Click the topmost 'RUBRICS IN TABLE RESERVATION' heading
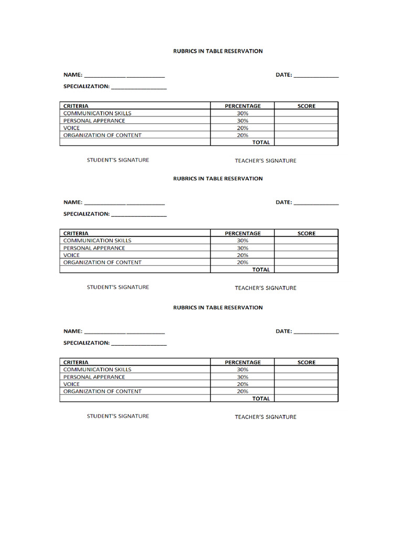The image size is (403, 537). (x=218, y=51)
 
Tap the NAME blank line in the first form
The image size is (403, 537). (x=124, y=77)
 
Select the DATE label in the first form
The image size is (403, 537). (x=283, y=75)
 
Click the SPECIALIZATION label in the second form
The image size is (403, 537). (x=86, y=214)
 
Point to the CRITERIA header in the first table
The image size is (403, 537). (x=76, y=106)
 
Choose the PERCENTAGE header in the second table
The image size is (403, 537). (x=242, y=233)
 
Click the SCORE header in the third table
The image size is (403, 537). (x=306, y=362)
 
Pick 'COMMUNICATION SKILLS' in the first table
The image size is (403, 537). (x=97, y=113)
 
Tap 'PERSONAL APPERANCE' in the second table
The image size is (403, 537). (x=94, y=248)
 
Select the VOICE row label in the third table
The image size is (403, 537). (x=71, y=384)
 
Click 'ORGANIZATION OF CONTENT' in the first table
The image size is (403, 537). (x=102, y=135)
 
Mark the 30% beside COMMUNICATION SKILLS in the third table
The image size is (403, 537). (x=242, y=370)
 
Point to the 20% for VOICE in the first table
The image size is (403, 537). (x=242, y=128)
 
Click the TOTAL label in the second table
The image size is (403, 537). (x=261, y=270)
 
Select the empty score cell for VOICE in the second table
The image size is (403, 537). (x=306, y=255)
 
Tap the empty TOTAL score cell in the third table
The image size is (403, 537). (x=306, y=399)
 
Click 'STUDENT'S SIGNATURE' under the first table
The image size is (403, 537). (x=118, y=160)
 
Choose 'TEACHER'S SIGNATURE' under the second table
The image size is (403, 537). (x=266, y=288)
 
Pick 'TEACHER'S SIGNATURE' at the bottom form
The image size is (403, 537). (x=266, y=417)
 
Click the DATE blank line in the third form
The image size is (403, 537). (x=316, y=333)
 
